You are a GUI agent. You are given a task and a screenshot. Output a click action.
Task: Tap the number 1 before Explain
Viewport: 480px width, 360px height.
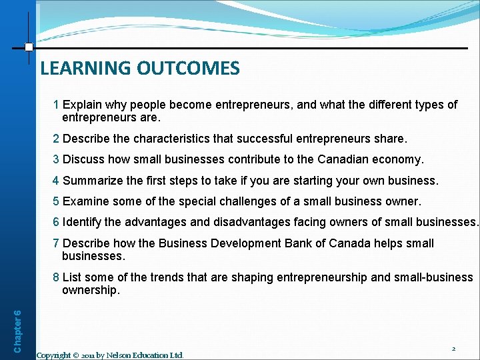click(x=57, y=105)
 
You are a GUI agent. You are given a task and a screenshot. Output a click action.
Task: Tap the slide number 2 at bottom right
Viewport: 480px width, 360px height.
click(x=453, y=349)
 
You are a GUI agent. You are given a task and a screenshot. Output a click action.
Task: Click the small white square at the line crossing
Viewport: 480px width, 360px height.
click(x=29, y=47)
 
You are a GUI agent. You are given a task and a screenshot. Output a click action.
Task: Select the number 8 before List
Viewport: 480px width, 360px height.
click(x=57, y=277)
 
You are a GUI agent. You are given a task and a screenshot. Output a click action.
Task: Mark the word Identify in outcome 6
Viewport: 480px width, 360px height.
click(x=83, y=222)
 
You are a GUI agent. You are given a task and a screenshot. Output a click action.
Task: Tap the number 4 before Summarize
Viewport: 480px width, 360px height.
click(x=57, y=180)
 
